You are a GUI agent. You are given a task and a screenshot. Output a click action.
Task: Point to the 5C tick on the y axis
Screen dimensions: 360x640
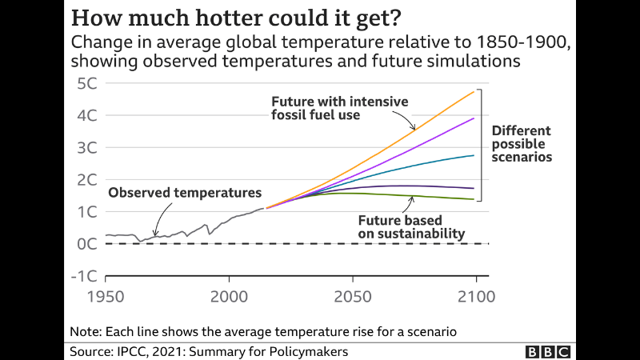(86, 84)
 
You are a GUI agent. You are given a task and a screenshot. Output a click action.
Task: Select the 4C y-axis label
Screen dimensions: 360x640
(86, 116)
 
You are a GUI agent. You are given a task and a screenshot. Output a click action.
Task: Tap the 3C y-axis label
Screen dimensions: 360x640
(86, 148)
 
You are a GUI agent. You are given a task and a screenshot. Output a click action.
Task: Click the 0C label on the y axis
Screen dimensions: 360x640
(86, 244)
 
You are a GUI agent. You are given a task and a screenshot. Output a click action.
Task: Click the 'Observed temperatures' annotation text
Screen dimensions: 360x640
(185, 193)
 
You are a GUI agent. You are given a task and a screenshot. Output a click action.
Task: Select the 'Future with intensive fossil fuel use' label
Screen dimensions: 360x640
(339, 108)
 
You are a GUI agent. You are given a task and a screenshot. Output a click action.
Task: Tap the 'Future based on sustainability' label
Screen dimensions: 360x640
(411, 226)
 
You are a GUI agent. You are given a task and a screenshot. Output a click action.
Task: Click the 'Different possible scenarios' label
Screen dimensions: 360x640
(522, 144)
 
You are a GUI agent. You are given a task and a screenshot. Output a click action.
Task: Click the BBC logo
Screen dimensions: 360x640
(547, 351)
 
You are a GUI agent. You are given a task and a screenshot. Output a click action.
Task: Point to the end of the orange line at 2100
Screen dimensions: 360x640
(475, 91)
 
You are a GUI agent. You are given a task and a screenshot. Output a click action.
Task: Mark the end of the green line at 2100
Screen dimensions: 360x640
(474, 199)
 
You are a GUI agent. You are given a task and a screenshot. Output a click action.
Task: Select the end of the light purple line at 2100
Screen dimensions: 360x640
(475, 118)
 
